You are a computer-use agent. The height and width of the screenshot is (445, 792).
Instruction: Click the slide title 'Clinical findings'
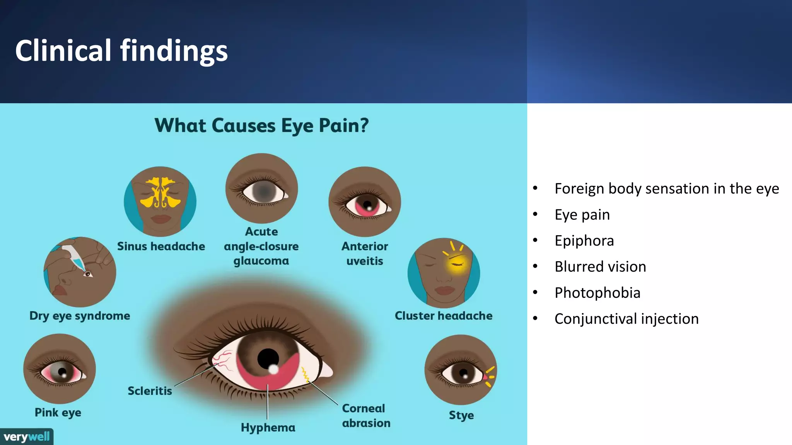pos(121,51)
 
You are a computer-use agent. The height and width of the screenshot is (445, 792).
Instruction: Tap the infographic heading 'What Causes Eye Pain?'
pos(261,126)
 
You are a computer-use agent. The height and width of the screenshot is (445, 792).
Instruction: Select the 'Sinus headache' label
pos(161,246)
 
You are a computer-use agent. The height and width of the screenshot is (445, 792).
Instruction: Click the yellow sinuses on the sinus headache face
pos(160,192)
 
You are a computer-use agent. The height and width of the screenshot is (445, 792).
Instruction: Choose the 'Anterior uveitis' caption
pos(364,253)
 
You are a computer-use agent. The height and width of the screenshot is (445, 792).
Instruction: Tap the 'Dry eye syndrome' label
pos(80,316)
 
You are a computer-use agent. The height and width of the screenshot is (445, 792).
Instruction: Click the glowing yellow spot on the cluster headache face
pos(457,264)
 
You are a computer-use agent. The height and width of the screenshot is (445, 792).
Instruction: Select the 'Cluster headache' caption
pos(444,316)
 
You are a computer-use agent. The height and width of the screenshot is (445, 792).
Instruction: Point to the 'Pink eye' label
pos(58,412)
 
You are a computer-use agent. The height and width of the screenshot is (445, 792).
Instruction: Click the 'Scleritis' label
pos(150,391)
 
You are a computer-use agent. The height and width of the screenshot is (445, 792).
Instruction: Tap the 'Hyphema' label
pos(268,427)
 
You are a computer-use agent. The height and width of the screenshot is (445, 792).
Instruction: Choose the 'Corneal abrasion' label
pos(366,416)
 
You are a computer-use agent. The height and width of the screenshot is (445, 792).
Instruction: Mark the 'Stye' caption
pos(461,415)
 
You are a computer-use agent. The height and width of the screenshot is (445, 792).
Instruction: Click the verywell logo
pos(27,437)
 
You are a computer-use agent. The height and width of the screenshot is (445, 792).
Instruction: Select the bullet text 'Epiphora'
pos(584,241)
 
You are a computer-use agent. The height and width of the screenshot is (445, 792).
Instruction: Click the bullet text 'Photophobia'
pos(597,293)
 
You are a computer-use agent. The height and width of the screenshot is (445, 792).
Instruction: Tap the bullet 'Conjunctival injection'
pos(626,319)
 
